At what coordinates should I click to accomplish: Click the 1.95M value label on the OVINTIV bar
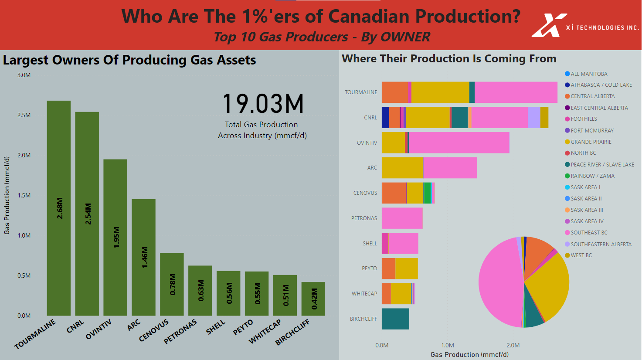click(116, 238)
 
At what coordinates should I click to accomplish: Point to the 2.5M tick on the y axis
click(24, 115)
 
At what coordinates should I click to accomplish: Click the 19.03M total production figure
click(263, 104)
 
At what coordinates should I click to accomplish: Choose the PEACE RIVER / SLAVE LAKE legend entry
click(602, 164)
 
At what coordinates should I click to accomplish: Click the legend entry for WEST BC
click(581, 255)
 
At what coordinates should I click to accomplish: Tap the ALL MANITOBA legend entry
click(588, 74)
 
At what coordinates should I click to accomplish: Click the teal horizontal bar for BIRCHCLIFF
click(395, 319)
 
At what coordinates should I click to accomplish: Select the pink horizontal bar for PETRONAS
click(402, 218)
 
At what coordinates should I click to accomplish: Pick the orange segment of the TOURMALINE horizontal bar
click(394, 92)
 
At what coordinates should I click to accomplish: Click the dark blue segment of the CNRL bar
click(385, 117)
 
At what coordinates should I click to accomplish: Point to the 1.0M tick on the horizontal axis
click(447, 345)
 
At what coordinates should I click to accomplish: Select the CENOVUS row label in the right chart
click(365, 193)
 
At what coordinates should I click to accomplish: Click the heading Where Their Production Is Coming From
click(449, 58)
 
